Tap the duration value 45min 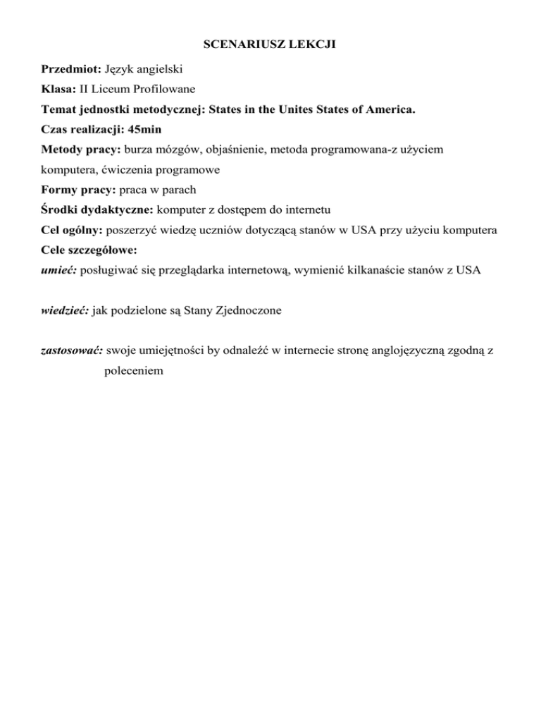click(150, 130)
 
